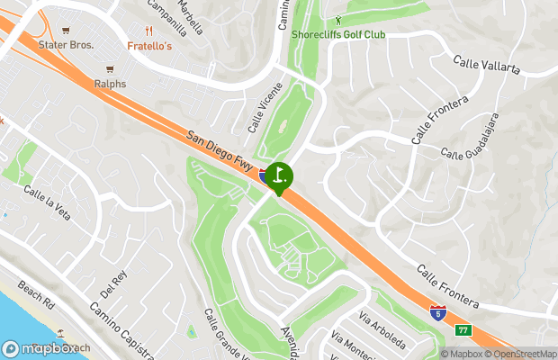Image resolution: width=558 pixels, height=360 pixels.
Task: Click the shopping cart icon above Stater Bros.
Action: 66,30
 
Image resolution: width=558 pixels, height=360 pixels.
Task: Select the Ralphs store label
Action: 109,84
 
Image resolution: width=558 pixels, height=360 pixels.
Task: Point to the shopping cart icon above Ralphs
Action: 110,69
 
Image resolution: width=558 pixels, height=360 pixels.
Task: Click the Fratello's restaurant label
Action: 149,45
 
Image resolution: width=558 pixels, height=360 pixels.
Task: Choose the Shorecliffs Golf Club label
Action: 338,34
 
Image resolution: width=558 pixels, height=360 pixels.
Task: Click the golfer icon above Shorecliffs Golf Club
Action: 338,20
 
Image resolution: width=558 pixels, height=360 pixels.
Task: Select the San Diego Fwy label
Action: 219,150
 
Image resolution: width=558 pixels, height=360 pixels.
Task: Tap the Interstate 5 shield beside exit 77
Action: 437,313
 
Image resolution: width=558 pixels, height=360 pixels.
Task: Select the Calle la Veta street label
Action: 47,202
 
